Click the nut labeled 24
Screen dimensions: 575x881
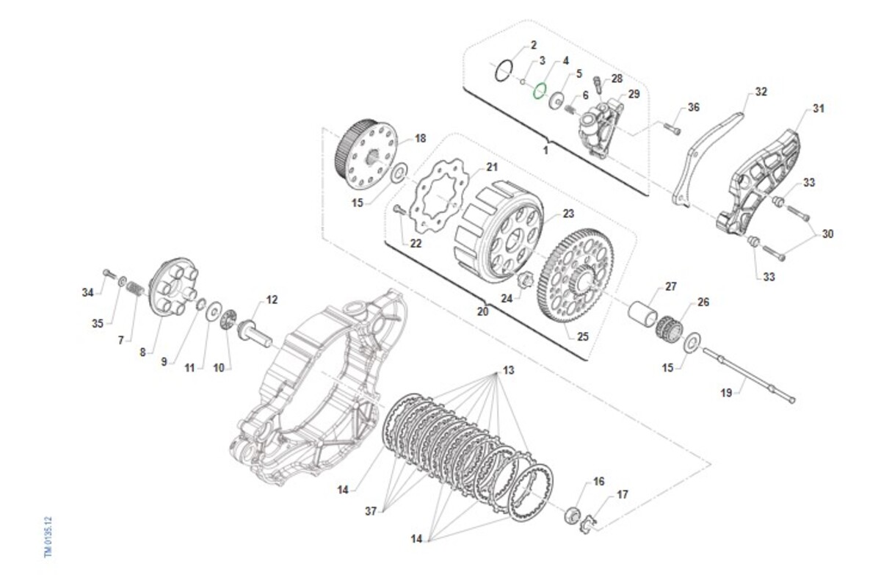[526, 280]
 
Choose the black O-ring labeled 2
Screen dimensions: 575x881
[503, 70]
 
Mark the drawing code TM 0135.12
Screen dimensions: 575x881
[49, 536]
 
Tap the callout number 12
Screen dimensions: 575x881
[272, 300]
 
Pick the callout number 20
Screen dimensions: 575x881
[482, 311]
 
